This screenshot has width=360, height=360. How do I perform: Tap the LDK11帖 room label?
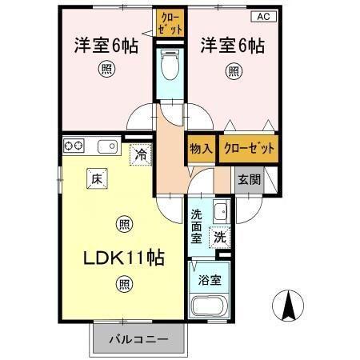[x=126, y=258]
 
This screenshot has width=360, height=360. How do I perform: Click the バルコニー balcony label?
[x=138, y=339]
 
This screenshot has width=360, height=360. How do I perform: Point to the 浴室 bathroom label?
[x=210, y=280]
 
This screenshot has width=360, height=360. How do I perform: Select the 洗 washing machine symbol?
[x=219, y=236]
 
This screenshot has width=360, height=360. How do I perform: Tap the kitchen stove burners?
[x=74, y=146]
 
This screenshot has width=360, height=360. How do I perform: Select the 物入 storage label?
[x=200, y=149]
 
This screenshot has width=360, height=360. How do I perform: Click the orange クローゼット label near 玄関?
[x=250, y=149]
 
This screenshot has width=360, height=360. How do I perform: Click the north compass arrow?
[x=290, y=306]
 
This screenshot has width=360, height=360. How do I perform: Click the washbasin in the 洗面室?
[x=221, y=212]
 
